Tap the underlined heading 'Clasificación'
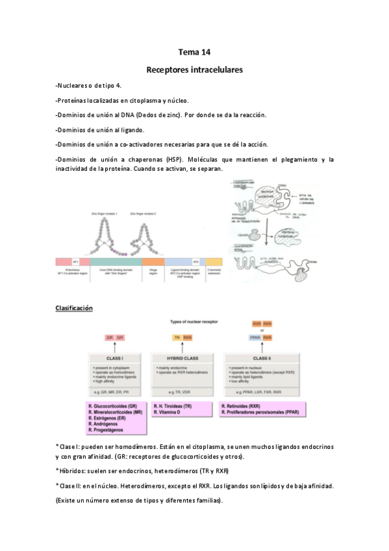(75, 307)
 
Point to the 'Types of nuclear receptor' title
(194, 322)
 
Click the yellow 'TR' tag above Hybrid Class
(177, 338)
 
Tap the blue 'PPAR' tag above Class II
(255, 338)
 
